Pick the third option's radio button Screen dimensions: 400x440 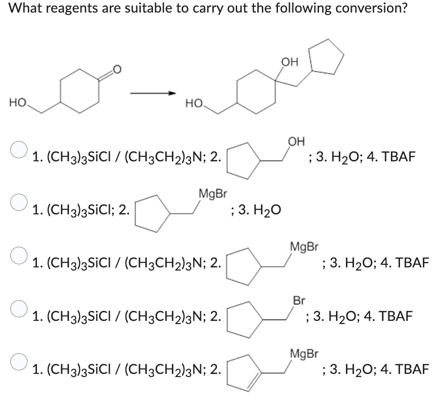tap(18, 254)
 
